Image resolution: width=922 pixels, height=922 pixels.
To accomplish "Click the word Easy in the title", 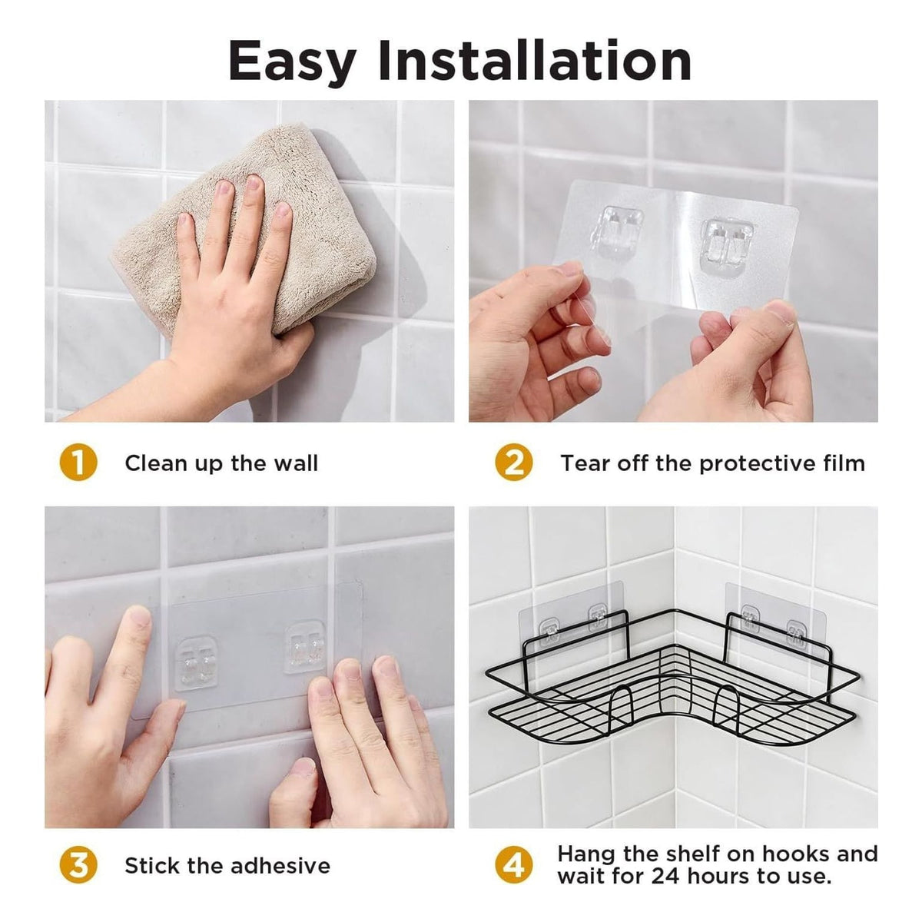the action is click(x=292, y=62).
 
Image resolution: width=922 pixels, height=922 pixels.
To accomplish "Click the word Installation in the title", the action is click(x=535, y=60).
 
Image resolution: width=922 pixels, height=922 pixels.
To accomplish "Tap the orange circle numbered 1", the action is click(x=78, y=463).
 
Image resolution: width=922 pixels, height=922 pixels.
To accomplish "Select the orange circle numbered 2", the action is click(x=513, y=463).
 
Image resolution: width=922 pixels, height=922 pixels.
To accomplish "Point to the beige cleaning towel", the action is click(x=244, y=230).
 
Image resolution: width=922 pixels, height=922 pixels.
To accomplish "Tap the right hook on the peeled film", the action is click(x=726, y=245).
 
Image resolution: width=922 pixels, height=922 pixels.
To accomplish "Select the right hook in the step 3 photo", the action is click(x=305, y=647).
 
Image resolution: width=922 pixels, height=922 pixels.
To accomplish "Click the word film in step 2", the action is click(x=847, y=463).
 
